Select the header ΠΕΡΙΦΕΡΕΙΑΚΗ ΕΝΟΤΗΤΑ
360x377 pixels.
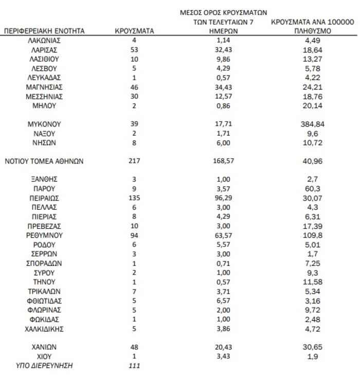tap(44, 31)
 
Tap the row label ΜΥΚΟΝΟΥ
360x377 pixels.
tap(44, 124)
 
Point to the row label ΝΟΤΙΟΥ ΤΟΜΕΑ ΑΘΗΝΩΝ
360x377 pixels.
tap(44, 161)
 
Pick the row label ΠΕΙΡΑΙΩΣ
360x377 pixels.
tap(44, 198)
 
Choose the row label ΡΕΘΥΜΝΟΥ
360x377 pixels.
tap(44, 235)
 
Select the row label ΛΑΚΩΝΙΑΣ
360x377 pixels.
tap(44, 41)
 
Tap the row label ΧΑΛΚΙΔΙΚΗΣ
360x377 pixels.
tap(44, 328)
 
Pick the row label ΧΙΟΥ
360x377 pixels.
tap(44, 355)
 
